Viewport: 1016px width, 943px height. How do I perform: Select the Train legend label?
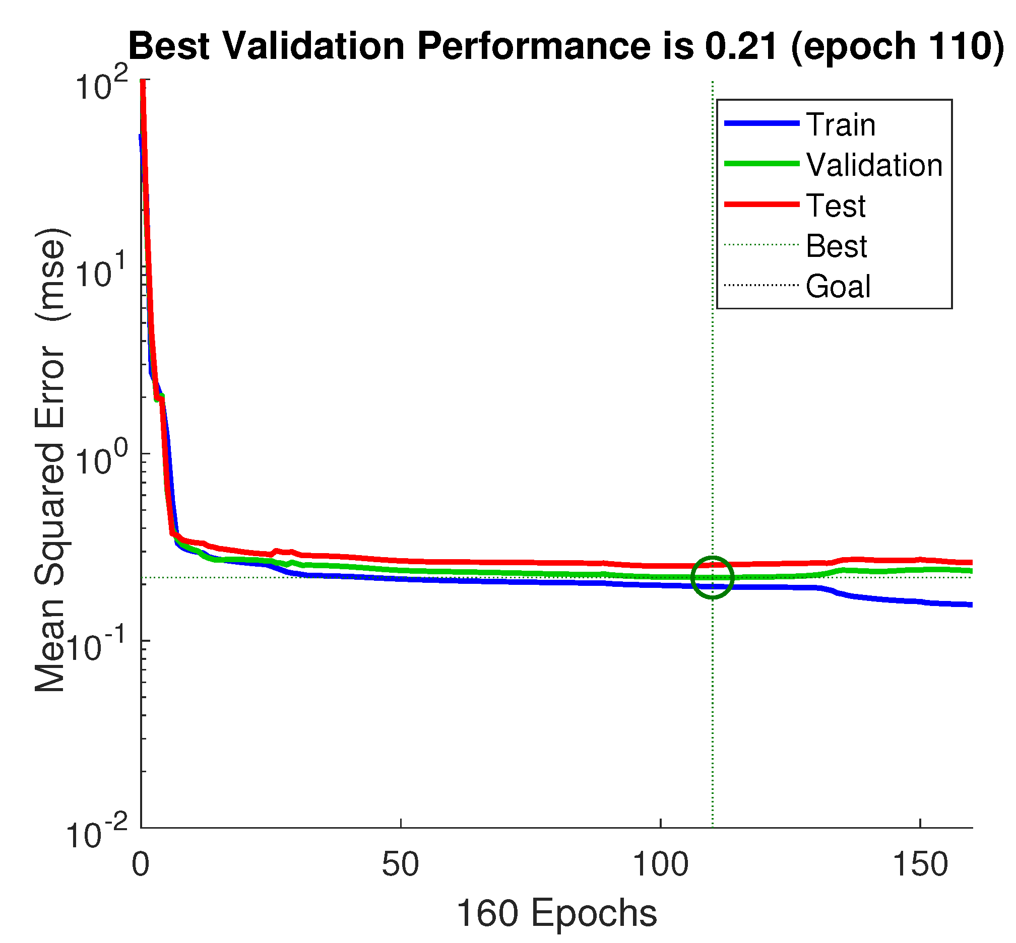(x=841, y=124)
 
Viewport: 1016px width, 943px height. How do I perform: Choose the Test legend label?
(x=835, y=206)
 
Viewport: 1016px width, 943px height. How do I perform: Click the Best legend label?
(x=836, y=246)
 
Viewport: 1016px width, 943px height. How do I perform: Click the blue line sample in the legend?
(x=761, y=123)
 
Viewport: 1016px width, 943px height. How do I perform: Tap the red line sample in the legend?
(x=761, y=204)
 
